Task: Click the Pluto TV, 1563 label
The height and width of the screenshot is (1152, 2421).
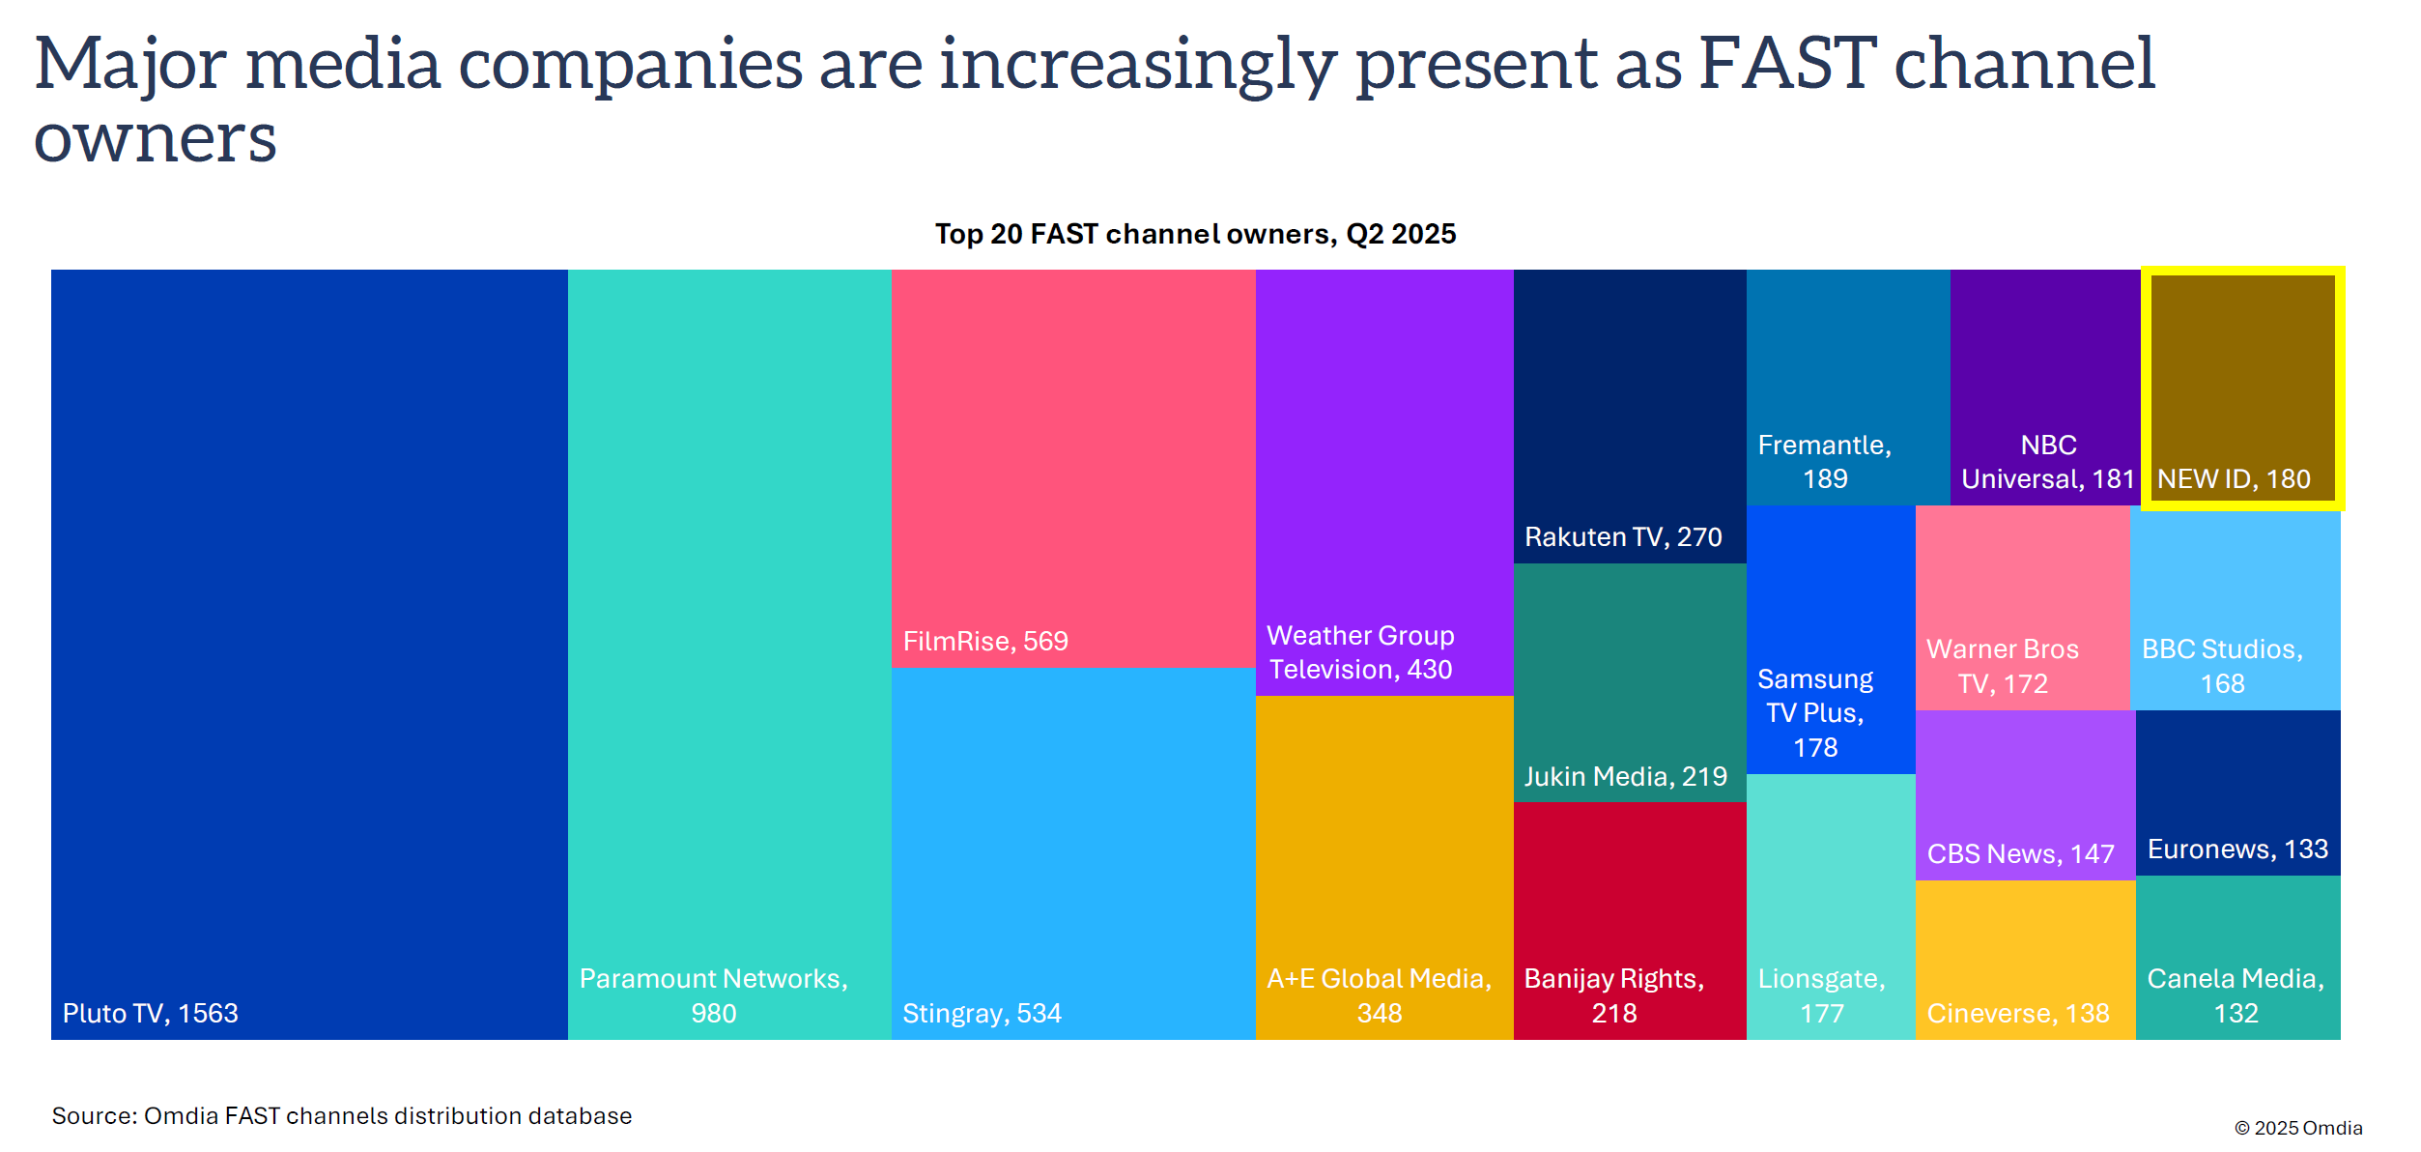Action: pyautogui.click(x=150, y=1013)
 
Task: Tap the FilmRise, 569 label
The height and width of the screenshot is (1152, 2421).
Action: pyautogui.click(x=985, y=641)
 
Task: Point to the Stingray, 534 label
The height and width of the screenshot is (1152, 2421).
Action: pyautogui.click(x=982, y=1013)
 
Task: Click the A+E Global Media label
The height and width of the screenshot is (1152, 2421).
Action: pyautogui.click(x=1379, y=995)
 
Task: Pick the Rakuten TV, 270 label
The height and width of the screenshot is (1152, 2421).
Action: pyautogui.click(x=1623, y=536)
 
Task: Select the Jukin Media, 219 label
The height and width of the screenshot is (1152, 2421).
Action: pyautogui.click(x=1625, y=776)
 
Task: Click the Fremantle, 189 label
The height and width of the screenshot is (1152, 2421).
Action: pyautogui.click(x=1824, y=461)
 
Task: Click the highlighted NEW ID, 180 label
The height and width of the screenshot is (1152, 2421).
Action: pyautogui.click(x=2234, y=478)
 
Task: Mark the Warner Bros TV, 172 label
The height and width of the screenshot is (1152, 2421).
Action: pyautogui.click(x=2002, y=666)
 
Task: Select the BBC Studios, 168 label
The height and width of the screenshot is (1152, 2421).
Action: pyautogui.click(x=2222, y=666)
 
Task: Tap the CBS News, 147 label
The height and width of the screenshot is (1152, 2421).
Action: pyautogui.click(x=2020, y=853)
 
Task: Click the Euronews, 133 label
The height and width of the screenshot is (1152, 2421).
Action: pyautogui.click(x=2237, y=849)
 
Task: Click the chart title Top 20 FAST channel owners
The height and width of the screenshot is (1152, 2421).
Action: pyautogui.click(x=1195, y=234)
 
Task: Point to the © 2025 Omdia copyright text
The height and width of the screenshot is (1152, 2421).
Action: pyautogui.click(x=2298, y=1128)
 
